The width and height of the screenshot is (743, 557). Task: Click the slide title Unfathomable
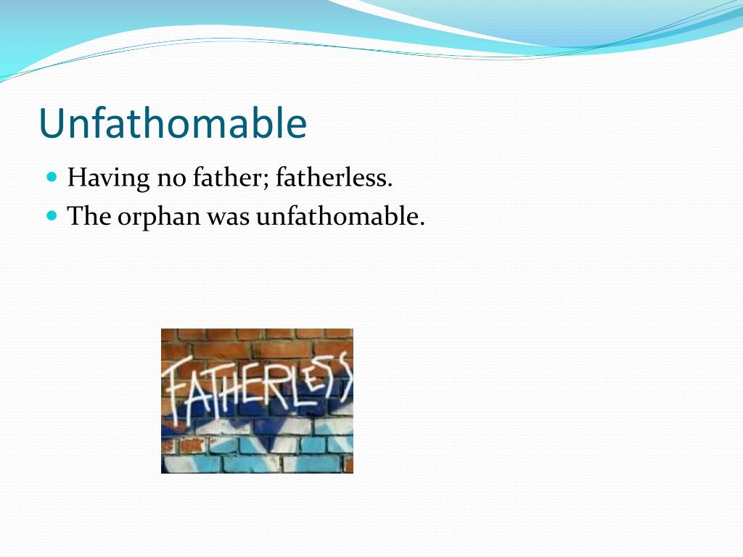tap(173, 123)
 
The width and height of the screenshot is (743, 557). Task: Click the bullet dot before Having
tap(52, 176)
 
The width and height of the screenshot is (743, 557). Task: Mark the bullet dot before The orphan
tap(52, 215)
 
